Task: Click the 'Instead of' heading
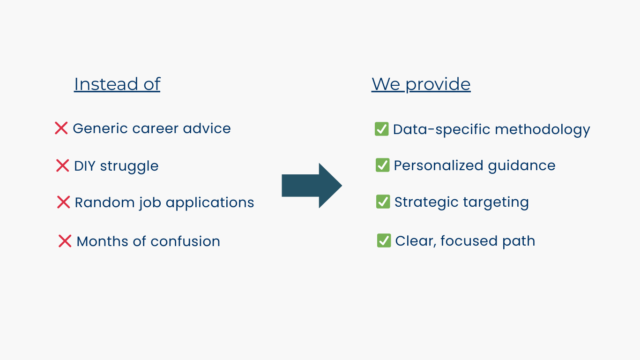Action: click(117, 84)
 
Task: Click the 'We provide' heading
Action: click(421, 84)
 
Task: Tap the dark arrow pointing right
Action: click(312, 186)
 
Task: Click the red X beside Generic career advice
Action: click(61, 128)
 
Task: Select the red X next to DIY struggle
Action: click(63, 165)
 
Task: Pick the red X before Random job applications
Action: click(63, 202)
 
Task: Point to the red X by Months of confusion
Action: click(65, 241)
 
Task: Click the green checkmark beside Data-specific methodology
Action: click(382, 129)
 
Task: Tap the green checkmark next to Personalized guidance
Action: click(383, 165)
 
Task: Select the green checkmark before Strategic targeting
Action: click(383, 202)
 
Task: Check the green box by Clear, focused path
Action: click(384, 240)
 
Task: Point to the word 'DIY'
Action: click(85, 166)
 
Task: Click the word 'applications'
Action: click(210, 203)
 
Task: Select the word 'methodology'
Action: click(542, 130)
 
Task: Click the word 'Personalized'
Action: click(439, 165)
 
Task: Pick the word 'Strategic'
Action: click(426, 202)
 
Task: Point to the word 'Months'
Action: click(103, 241)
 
